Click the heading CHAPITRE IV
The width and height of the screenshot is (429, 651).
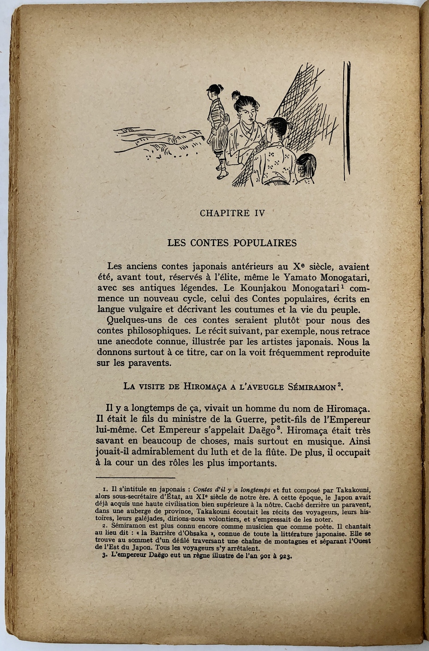tap(232, 213)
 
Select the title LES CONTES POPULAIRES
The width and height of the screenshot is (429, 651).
tap(232, 243)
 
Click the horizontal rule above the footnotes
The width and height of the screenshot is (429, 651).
tap(136, 477)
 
